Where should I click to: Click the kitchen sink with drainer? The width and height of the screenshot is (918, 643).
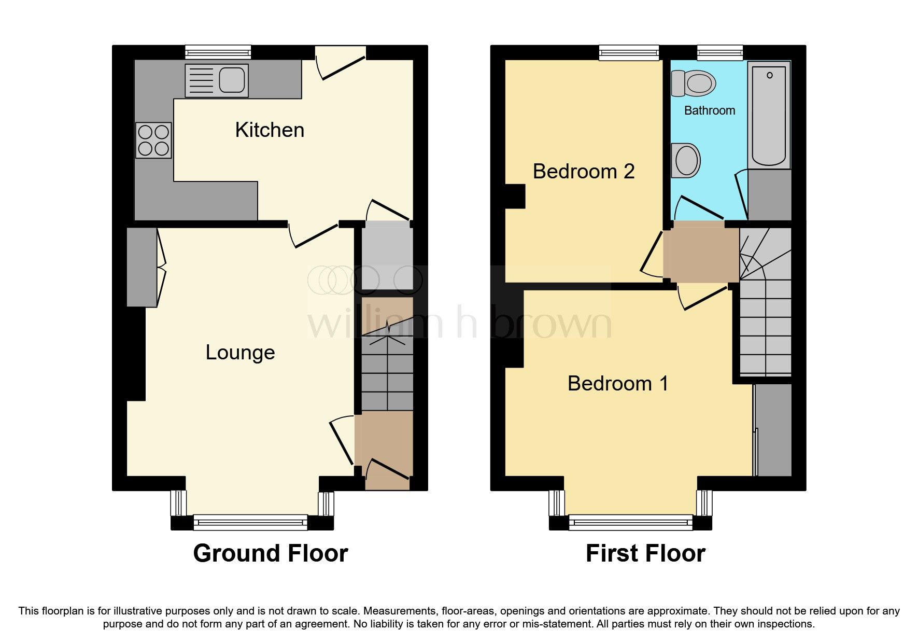pyautogui.click(x=217, y=80)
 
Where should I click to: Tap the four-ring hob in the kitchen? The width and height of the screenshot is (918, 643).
pyautogui.click(x=154, y=140)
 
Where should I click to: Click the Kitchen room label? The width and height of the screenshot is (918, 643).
pyautogui.click(x=270, y=130)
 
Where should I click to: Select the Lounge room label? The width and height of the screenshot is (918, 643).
pyautogui.click(x=240, y=353)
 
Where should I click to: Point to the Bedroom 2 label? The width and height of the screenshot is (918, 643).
pyautogui.click(x=584, y=172)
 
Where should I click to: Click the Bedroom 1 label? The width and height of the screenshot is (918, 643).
pyautogui.click(x=617, y=384)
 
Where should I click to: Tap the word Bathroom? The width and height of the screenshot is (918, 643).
pyautogui.click(x=709, y=110)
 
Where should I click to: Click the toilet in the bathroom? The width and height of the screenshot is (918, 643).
pyautogui.click(x=694, y=83)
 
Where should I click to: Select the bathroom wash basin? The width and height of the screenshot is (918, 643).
pyautogui.click(x=686, y=160)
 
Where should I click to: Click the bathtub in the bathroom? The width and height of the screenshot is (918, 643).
pyautogui.click(x=769, y=115)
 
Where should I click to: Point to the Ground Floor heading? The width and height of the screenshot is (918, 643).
pyautogui.click(x=270, y=553)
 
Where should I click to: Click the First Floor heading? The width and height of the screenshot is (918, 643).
pyautogui.click(x=645, y=553)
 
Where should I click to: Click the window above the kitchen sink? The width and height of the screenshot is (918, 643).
pyautogui.click(x=218, y=52)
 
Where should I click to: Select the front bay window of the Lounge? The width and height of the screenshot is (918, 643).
pyautogui.click(x=251, y=522)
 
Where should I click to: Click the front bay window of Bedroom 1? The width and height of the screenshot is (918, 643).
pyautogui.click(x=630, y=522)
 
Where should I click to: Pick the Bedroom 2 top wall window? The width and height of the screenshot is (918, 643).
pyautogui.click(x=629, y=52)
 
